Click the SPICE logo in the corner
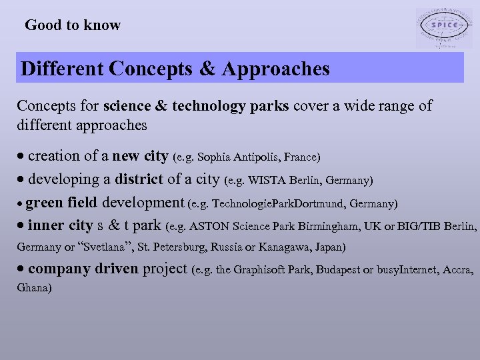click(x=443, y=29)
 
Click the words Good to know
click(x=73, y=25)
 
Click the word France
click(x=301, y=158)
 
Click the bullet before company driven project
click(x=21, y=270)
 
